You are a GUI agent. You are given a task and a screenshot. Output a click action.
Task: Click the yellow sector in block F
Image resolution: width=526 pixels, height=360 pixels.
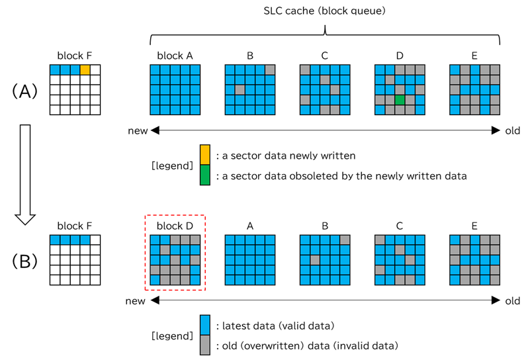85,69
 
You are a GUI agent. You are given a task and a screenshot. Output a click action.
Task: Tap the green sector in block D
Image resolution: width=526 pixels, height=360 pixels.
400,99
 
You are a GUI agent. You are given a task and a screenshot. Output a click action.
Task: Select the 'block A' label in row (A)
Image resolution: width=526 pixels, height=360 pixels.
175,56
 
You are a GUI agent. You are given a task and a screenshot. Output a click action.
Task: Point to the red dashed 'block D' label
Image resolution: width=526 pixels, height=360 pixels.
175,225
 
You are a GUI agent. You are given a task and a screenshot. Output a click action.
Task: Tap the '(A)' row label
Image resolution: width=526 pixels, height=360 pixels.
26,91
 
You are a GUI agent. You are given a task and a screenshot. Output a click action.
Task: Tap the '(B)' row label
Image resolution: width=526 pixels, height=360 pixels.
26,261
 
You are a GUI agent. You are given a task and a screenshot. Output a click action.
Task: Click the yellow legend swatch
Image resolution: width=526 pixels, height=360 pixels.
204,156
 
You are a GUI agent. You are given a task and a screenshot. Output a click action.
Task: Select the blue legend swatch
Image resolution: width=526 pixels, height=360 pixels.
204,324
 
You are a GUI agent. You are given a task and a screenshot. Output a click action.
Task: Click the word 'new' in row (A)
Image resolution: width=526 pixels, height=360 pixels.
138,131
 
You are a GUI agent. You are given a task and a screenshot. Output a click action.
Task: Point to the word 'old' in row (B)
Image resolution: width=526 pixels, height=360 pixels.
513,301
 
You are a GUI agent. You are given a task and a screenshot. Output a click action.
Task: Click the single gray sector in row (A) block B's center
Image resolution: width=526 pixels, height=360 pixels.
240,89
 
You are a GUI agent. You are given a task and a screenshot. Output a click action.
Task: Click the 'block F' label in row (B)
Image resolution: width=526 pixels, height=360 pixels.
75,226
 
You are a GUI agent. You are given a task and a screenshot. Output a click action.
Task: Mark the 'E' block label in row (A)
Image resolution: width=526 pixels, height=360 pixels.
474,56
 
